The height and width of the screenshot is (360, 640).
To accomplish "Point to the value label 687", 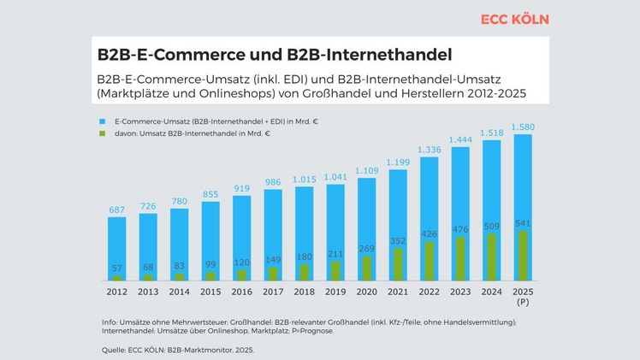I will coord(117,210).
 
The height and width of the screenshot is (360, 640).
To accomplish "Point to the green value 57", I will coord(117,269).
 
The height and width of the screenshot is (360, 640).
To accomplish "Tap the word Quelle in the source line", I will coord(103,349).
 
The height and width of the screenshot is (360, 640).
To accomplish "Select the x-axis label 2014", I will coord(180,292).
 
